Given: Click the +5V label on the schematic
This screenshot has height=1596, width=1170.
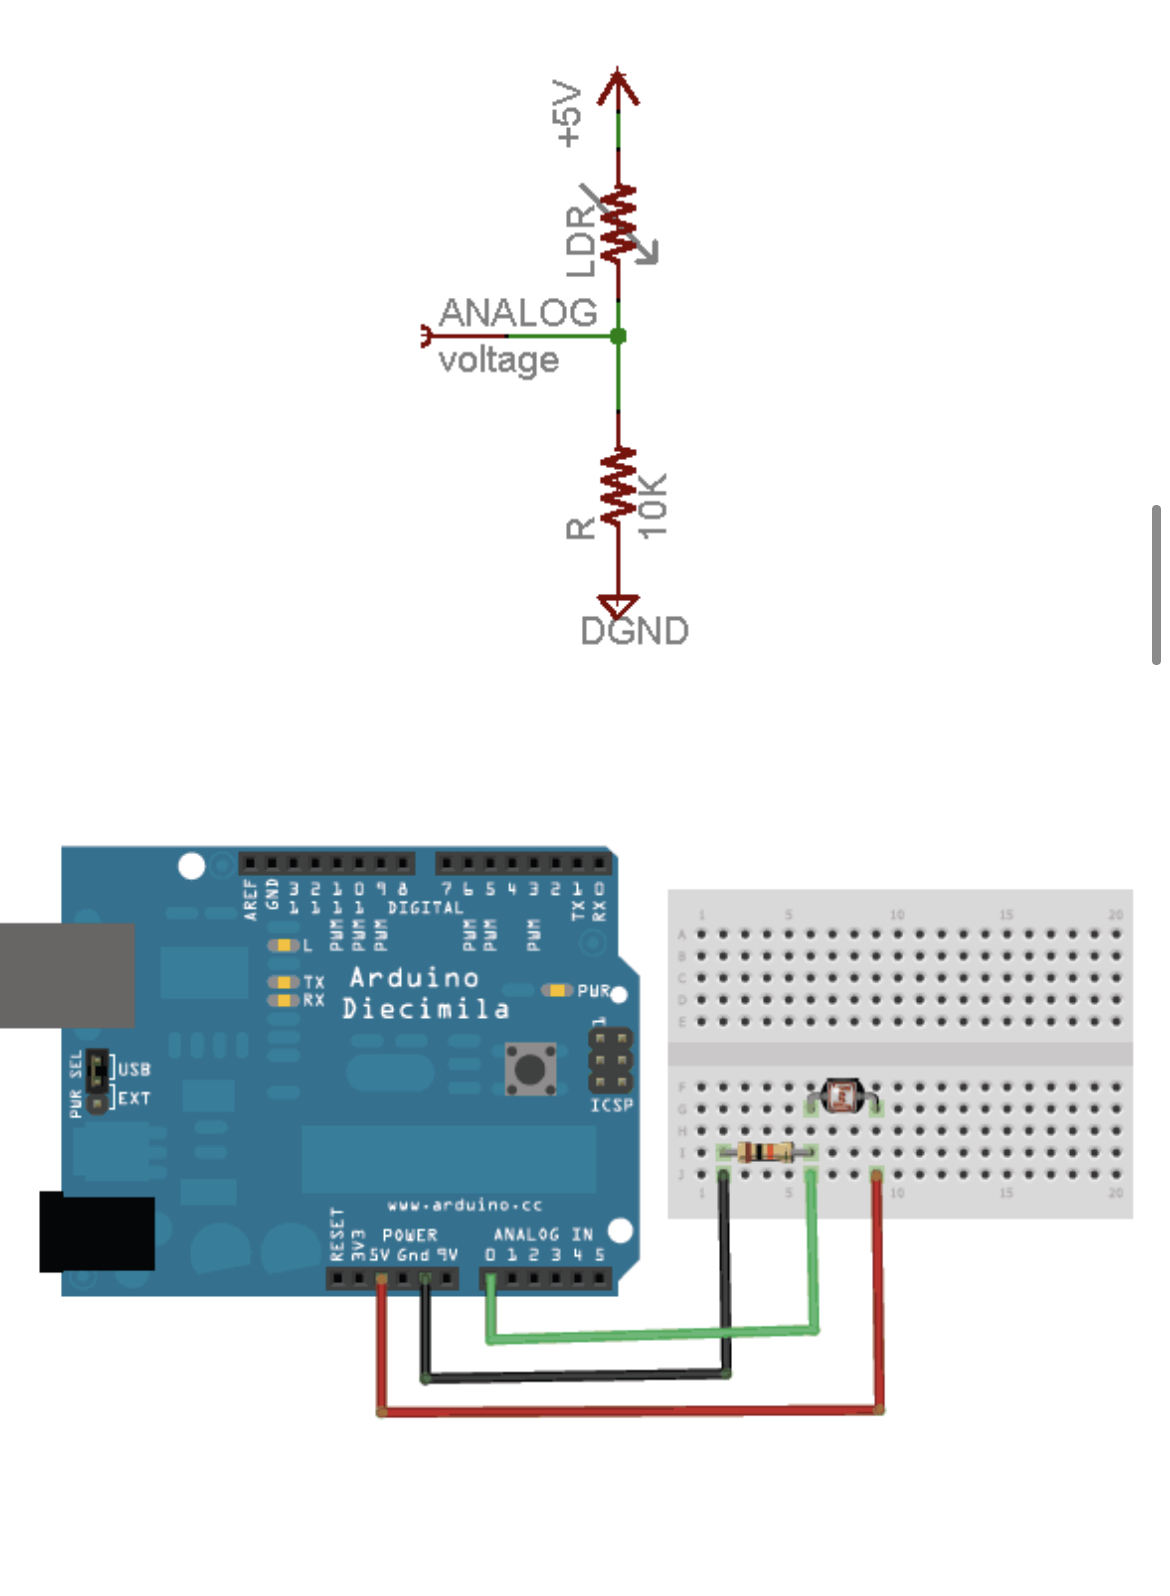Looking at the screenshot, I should click(x=567, y=115).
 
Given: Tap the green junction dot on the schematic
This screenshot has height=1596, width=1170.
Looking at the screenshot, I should click(x=618, y=336).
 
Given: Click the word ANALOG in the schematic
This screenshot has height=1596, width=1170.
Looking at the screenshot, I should click(x=518, y=313).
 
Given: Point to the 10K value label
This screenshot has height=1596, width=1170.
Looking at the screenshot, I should click(x=652, y=506).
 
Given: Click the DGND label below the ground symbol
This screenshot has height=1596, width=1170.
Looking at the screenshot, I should click(x=635, y=631).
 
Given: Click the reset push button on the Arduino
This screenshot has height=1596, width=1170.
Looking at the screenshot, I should click(x=530, y=1069).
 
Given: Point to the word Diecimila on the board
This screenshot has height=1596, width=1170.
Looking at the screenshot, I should click(x=426, y=1008).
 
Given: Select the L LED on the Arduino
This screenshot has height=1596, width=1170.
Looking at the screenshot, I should click(x=284, y=945).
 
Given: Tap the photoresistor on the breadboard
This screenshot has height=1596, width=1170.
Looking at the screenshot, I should click(x=842, y=1096).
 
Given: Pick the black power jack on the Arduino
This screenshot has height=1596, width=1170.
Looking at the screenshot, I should click(x=97, y=1232).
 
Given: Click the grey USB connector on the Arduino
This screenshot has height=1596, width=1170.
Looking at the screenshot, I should click(x=67, y=975).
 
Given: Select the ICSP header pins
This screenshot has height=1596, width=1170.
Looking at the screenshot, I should click(x=610, y=1061).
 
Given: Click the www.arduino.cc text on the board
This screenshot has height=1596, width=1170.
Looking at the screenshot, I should click(x=464, y=1205).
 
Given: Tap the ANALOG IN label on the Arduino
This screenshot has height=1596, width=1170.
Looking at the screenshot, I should click(x=543, y=1235).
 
